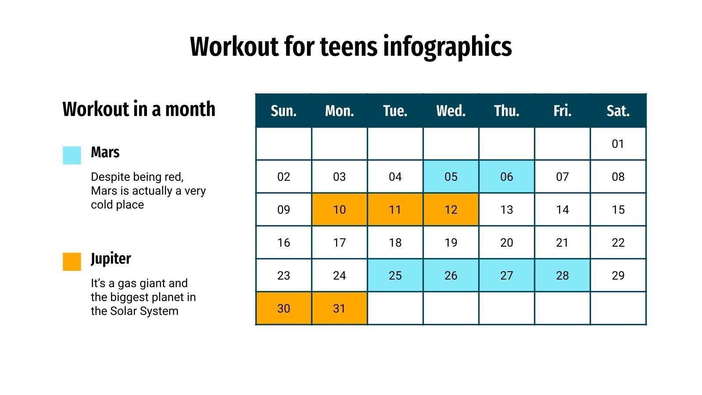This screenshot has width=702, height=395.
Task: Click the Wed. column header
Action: (x=451, y=111)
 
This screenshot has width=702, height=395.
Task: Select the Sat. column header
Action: (x=618, y=111)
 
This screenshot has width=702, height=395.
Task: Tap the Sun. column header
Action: (x=283, y=111)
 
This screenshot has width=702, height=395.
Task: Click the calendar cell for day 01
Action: (x=618, y=144)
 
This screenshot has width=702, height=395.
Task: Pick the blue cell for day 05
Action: (x=451, y=177)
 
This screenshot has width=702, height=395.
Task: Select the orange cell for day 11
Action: (x=395, y=210)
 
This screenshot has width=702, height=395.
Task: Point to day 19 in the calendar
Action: (x=451, y=243)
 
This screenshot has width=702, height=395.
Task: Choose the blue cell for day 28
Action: (x=562, y=276)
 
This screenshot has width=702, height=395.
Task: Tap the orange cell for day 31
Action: (x=339, y=309)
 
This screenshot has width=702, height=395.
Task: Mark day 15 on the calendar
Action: (x=618, y=210)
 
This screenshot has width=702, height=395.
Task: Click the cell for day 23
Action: (x=283, y=276)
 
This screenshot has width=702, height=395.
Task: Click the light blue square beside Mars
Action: (x=72, y=155)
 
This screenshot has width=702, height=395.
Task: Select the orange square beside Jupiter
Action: (x=72, y=262)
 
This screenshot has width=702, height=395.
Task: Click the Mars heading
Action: (x=105, y=152)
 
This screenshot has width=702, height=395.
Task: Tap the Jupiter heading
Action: (x=111, y=259)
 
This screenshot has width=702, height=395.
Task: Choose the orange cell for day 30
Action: (x=283, y=309)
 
